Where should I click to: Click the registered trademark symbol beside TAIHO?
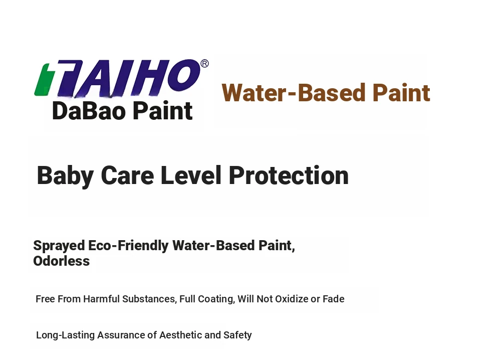204,63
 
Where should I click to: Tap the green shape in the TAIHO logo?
42,79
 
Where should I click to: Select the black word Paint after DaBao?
163,111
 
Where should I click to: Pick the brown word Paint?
401,93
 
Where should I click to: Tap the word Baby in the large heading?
65,176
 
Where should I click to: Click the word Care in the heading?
127,175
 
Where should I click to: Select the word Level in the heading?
191,175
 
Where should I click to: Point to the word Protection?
289,175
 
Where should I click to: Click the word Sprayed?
59,246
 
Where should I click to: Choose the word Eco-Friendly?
128,246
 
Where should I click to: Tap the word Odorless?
61,261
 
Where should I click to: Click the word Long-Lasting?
65,335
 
